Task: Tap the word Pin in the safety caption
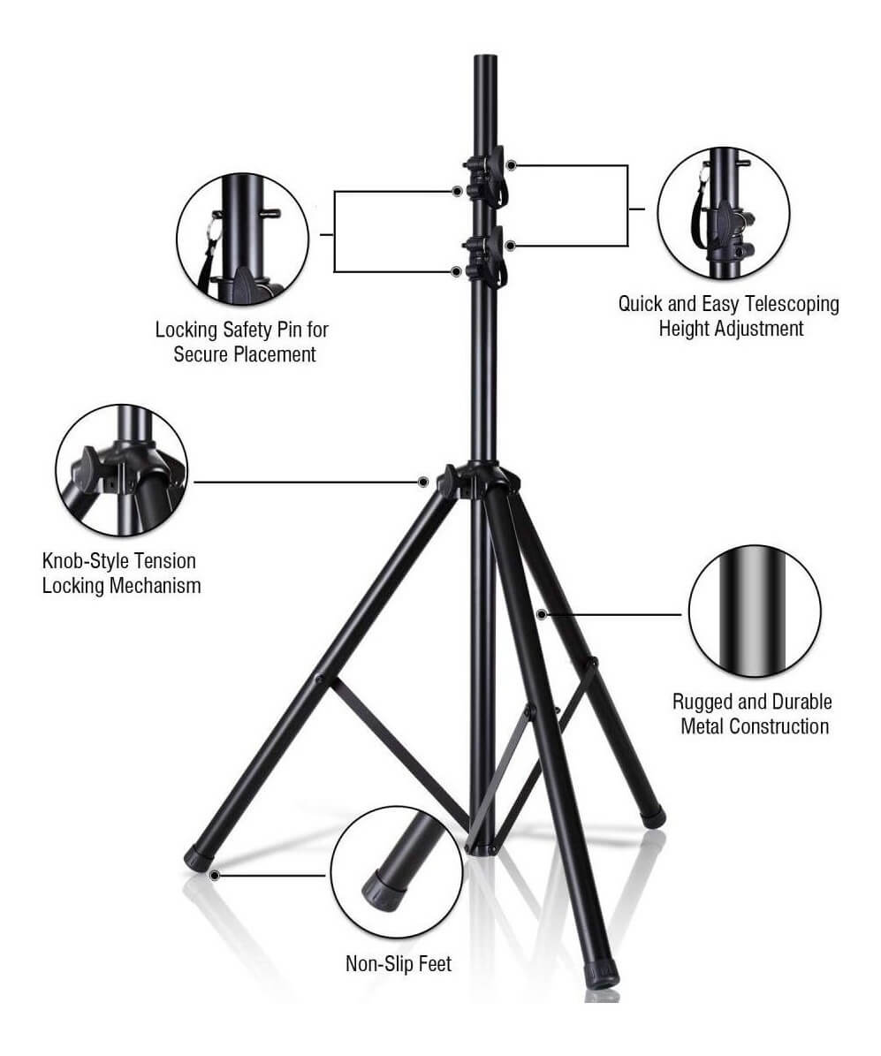(291, 330)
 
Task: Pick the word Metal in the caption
(703, 726)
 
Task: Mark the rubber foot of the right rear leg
(652, 817)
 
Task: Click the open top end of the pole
(485, 58)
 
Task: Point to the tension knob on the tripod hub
(446, 480)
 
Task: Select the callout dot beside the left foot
(215, 876)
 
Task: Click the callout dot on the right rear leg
(541, 614)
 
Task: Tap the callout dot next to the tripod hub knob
(423, 482)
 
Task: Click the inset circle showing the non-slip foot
(396, 871)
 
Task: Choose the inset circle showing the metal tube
(755, 611)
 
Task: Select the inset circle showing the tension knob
(122, 470)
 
